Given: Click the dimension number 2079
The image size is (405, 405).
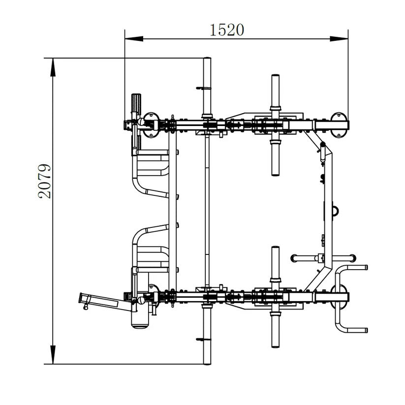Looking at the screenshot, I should click(45, 181).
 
